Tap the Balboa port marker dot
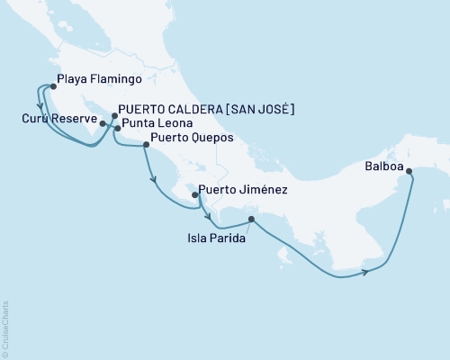click(x=409, y=171)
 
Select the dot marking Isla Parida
click(x=251, y=219)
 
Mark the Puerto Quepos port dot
click(x=146, y=142)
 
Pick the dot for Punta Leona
click(x=117, y=129)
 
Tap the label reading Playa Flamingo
click(x=94, y=79)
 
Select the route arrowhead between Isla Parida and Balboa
click(x=365, y=271)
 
